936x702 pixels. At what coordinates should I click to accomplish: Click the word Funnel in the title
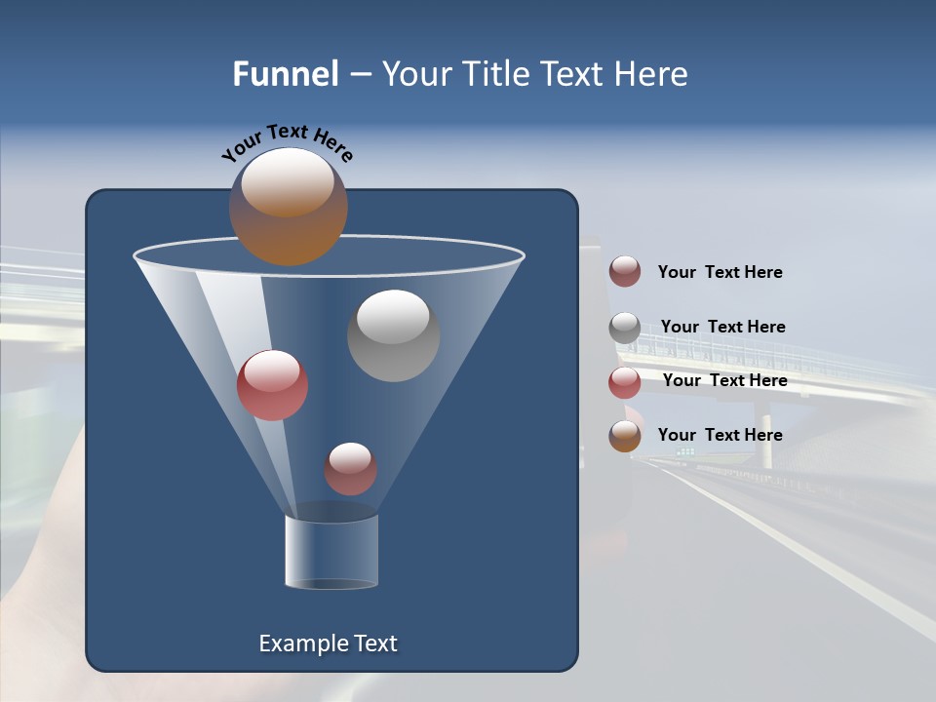click(x=285, y=74)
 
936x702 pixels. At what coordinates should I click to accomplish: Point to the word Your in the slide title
click(x=413, y=74)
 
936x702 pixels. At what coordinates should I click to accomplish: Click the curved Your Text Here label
click(x=288, y=140)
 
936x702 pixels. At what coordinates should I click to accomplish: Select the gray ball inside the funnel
click(x=394, y=335)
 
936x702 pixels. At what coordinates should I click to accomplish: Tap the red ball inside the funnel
click(x=272, y=386)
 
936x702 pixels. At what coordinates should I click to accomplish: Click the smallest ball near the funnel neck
click(x=350, y=469)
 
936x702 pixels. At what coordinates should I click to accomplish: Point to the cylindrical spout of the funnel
click(x=331, y=552)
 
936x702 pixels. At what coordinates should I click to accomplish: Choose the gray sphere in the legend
click(x=625, y=328)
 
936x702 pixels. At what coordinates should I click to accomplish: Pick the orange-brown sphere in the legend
click(x=625, y=436)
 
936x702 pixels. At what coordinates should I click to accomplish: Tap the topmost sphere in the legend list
click(x=625, y=272)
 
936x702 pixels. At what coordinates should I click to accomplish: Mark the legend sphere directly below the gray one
click(x=625, y=382)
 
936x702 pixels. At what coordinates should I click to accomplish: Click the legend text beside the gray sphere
click(x=722, y=327)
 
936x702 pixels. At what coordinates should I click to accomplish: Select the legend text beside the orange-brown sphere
click(x=720, y=435)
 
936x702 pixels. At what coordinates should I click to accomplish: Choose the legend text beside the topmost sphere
click(x=720, y=272)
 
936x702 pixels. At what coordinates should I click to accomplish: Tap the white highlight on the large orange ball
click(x=288, y=181)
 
